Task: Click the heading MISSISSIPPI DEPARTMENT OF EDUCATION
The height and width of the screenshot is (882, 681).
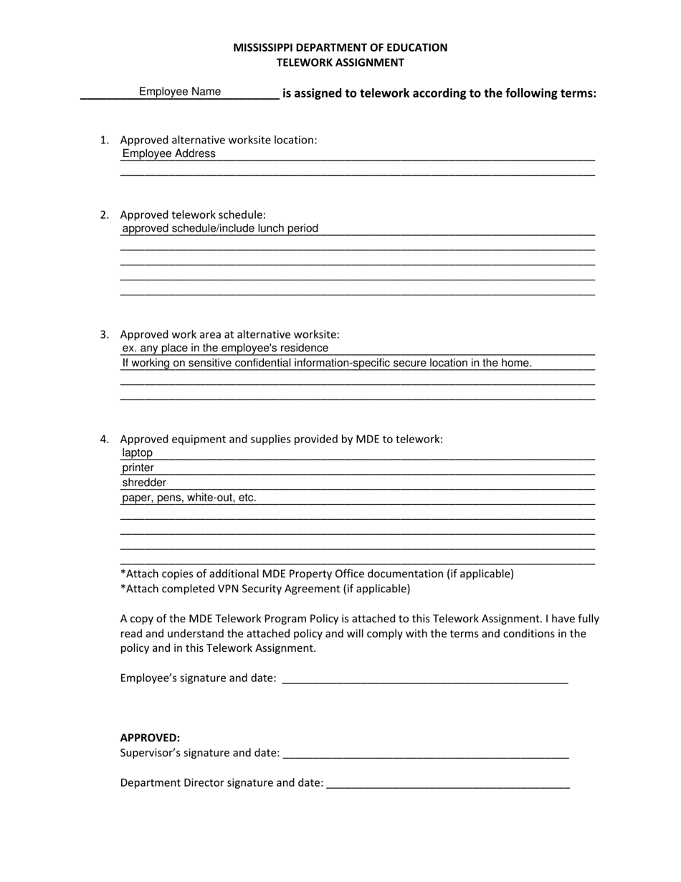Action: pos(340,47)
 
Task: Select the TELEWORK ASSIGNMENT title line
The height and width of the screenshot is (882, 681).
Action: pos(340,62)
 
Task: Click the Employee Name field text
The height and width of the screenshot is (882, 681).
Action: pos(180,92)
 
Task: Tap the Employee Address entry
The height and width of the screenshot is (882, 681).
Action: pos(168,153)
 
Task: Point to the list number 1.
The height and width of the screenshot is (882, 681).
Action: pos(105,140)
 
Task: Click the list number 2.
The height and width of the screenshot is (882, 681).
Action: pos(105,214)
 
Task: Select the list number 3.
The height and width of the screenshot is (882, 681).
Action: pos(105,334)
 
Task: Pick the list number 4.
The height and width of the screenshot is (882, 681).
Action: pos(105,439)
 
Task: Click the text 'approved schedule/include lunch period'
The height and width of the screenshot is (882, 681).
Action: pos(220,229)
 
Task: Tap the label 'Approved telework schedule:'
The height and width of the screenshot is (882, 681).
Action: pos(193,214)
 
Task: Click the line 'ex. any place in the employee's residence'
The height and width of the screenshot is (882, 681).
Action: pos(225,348)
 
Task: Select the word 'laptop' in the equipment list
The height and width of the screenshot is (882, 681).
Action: pos(138,453)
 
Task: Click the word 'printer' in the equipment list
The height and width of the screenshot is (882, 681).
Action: pos(138,468)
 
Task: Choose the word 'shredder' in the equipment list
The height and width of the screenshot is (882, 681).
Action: pos(144,483)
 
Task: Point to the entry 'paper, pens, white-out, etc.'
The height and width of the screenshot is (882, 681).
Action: pos(189,498)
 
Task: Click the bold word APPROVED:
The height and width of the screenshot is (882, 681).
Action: pos(150,737)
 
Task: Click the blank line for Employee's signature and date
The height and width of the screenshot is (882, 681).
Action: pos(425,679)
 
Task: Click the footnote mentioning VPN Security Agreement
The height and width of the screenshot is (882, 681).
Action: pos(265,589)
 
